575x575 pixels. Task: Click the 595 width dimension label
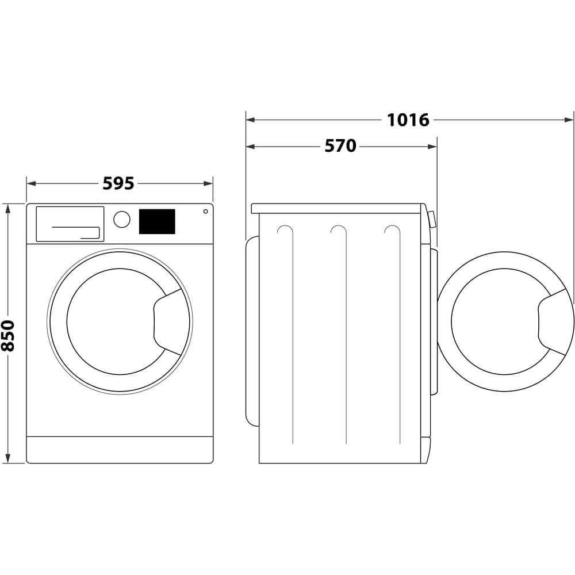[118, 183]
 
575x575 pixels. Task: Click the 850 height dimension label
[8, 335]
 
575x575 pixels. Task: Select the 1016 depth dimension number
[408, 120]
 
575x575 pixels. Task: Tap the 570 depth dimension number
[340, 147]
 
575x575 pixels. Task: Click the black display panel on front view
[157, 221]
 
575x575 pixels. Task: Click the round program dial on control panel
[122, 219]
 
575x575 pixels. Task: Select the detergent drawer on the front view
[70, 224]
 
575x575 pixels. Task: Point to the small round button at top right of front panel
[205, 212]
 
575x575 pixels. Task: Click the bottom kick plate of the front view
[120, 450]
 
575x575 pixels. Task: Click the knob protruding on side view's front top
[432, 219]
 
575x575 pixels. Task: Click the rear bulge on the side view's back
[252, 331]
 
